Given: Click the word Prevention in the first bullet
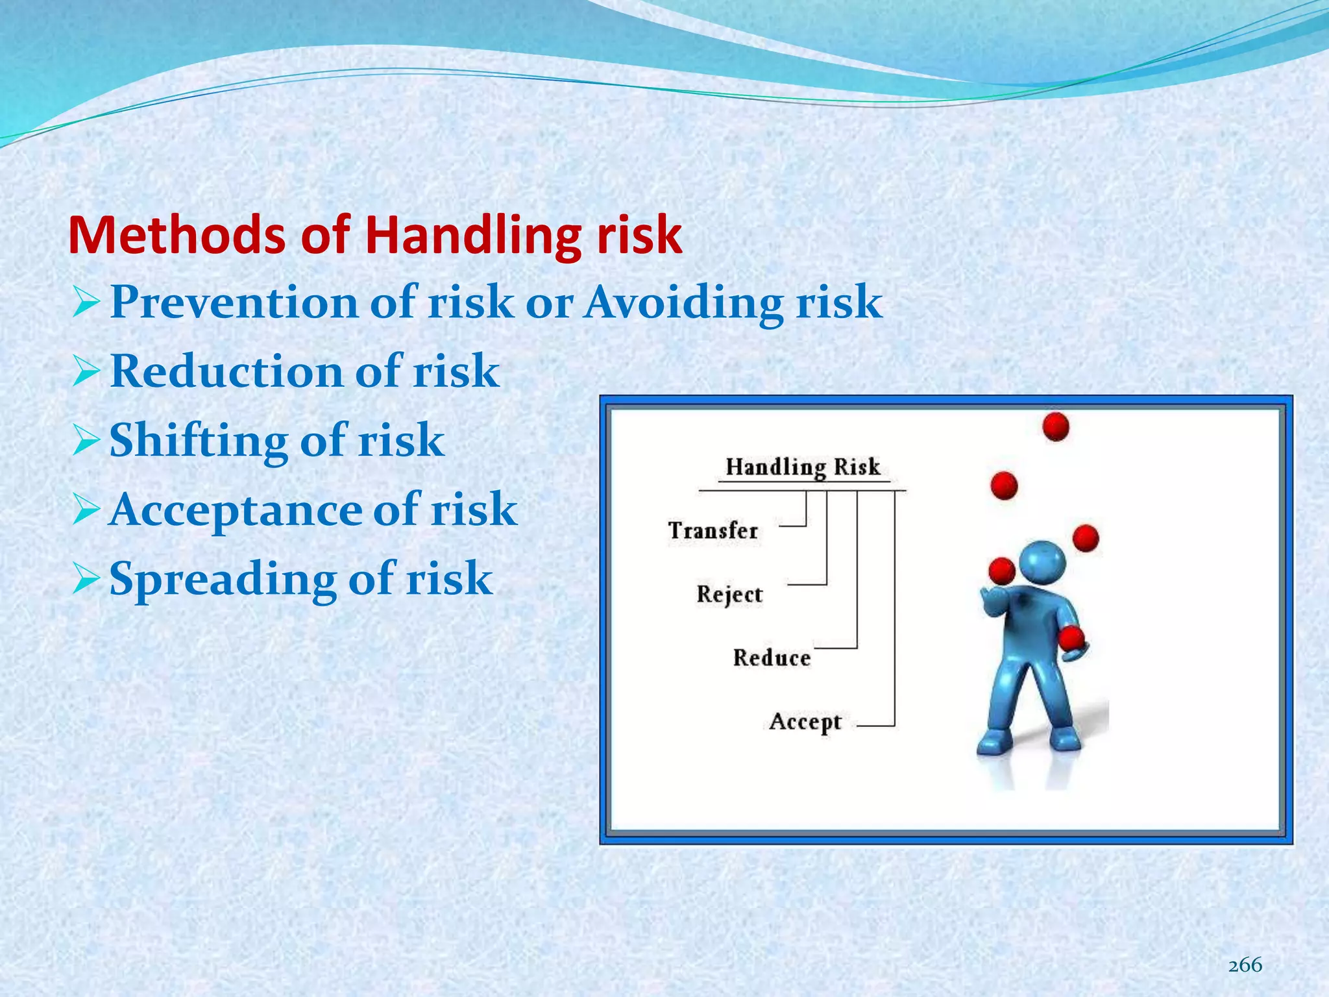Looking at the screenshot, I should [234, 302].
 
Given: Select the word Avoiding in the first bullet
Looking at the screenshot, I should [683, 302].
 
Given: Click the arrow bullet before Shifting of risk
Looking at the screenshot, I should [86, 441].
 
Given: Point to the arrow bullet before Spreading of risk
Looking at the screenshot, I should [86, 579].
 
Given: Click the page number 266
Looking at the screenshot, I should [1245, 965].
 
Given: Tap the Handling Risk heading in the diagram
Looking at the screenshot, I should [802, 467].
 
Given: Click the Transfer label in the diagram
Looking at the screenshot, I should [713, 531].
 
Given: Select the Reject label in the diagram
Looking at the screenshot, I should [729, 595].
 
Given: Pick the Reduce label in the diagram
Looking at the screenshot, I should [771, 658].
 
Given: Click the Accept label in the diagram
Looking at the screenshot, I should [805, 722].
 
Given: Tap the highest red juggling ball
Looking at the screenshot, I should [1055, 426].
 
